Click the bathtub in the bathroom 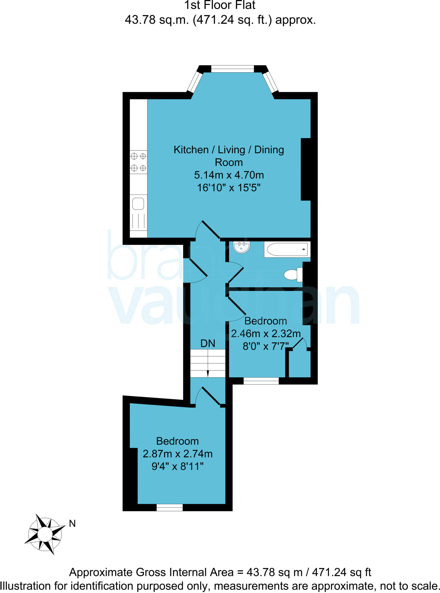click(287, 250)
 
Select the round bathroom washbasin click(242, 247)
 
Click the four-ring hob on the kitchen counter click(138, 162)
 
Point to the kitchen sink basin click(138, 204)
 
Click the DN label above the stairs click(208, 343)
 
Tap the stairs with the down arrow click(208, 363)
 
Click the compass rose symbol click(45, 534)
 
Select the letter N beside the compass click(72, 524)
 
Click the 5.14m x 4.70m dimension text click(229, 175)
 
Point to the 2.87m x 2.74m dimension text click(178, 454)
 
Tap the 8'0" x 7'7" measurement click(266, 346)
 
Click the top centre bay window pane click(232, 69)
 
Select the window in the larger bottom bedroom click(170, 507)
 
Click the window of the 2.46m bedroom click(261, 381)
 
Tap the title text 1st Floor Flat click(220, 5)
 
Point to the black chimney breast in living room click(306, 169)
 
